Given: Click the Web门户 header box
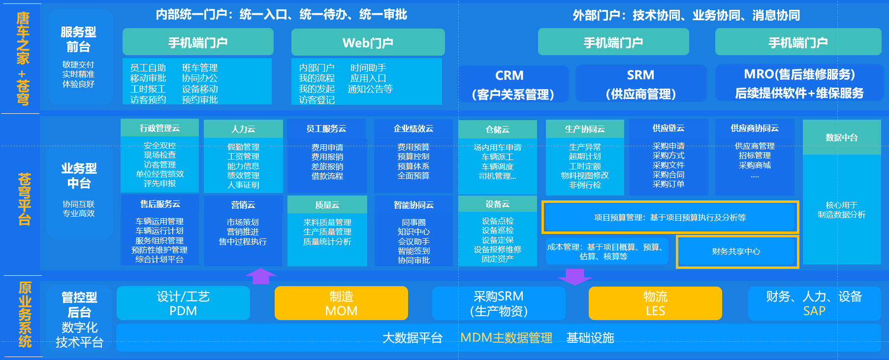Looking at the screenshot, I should pos(368,42).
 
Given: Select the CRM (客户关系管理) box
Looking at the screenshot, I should pos(513,84).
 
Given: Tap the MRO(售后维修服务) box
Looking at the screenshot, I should pos(799,83).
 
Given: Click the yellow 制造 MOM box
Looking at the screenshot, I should pos(341,303).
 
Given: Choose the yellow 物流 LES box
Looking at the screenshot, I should pos(655,303).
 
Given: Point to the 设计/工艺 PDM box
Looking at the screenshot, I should pos(183,303).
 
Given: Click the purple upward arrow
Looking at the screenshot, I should pos(261,276).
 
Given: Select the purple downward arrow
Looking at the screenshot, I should pos(574,277).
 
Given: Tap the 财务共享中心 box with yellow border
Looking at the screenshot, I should pos(736,252).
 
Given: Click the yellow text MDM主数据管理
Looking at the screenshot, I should pos(506,338).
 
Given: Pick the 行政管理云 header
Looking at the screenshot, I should pos(159,129).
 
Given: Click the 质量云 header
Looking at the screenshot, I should pos(327,205).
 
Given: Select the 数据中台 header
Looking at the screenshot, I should pos(841,138).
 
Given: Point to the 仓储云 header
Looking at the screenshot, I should pos(497,130).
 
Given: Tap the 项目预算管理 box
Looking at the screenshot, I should pos(669,217).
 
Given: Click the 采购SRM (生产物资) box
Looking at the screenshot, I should pos(498,303).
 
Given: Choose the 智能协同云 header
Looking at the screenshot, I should pos(413,205).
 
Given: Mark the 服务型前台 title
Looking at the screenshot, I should pos(78,39).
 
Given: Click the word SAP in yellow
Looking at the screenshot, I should pos(814,311).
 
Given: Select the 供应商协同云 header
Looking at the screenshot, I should pos(754,129).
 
